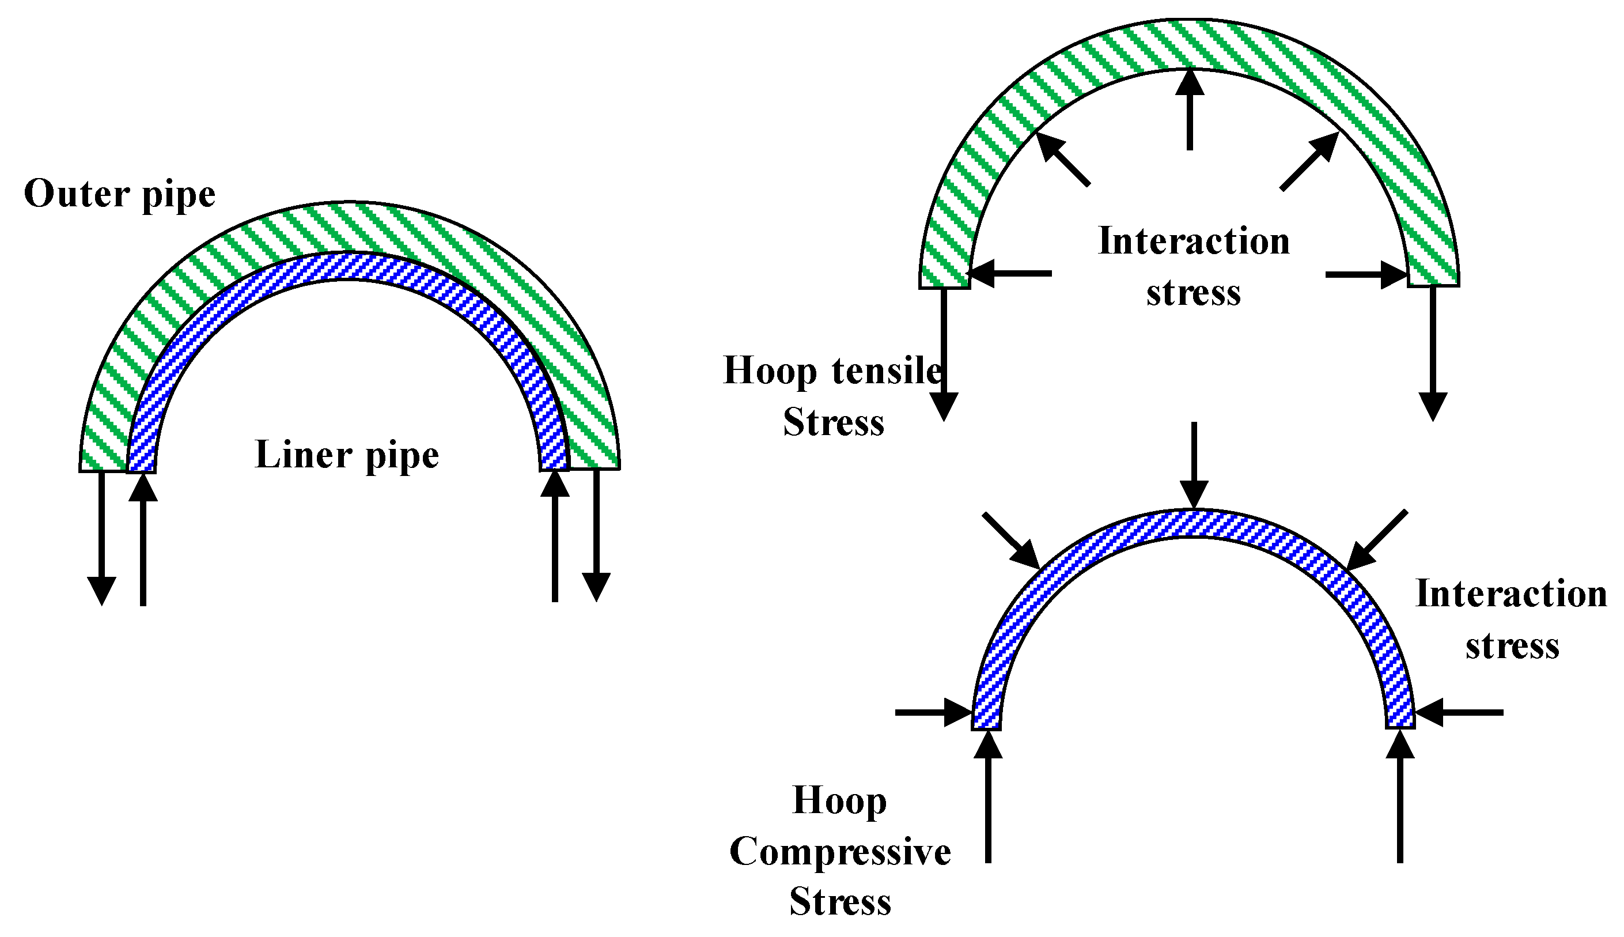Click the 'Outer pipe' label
[120, 194]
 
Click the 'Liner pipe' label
[347, 456]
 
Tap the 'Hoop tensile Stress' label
[832, 396]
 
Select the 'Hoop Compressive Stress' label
[839, 851]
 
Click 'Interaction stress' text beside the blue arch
[1511, 619]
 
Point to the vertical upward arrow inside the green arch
[1189, 109]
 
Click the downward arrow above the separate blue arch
[1194, 466]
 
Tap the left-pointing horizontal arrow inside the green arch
[1010, 274]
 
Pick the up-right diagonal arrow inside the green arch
[1309, 161]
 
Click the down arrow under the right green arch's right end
[1432, 354]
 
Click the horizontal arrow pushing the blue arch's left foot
[933, 712]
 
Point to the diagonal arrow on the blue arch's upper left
[1011, 541]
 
